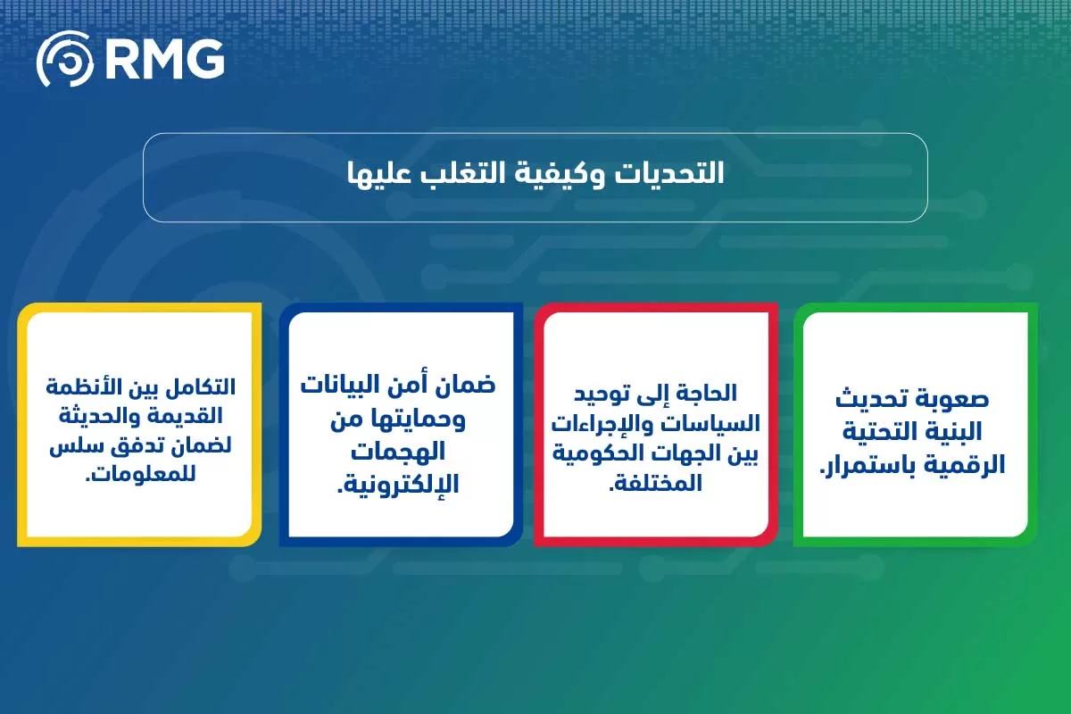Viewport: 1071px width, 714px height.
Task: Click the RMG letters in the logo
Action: point(164,59)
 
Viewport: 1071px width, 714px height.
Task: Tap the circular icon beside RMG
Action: point(64,59)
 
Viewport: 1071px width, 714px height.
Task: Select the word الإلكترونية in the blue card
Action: point(395,485)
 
